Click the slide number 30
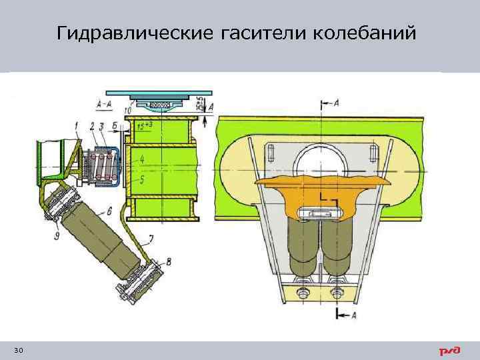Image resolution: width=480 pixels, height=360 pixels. pos(18,351)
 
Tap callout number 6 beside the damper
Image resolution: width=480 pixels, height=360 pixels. pos(108,211)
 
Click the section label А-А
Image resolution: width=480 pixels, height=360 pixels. pos(103,103)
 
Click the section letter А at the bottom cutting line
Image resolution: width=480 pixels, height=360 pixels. pos(353,314)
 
